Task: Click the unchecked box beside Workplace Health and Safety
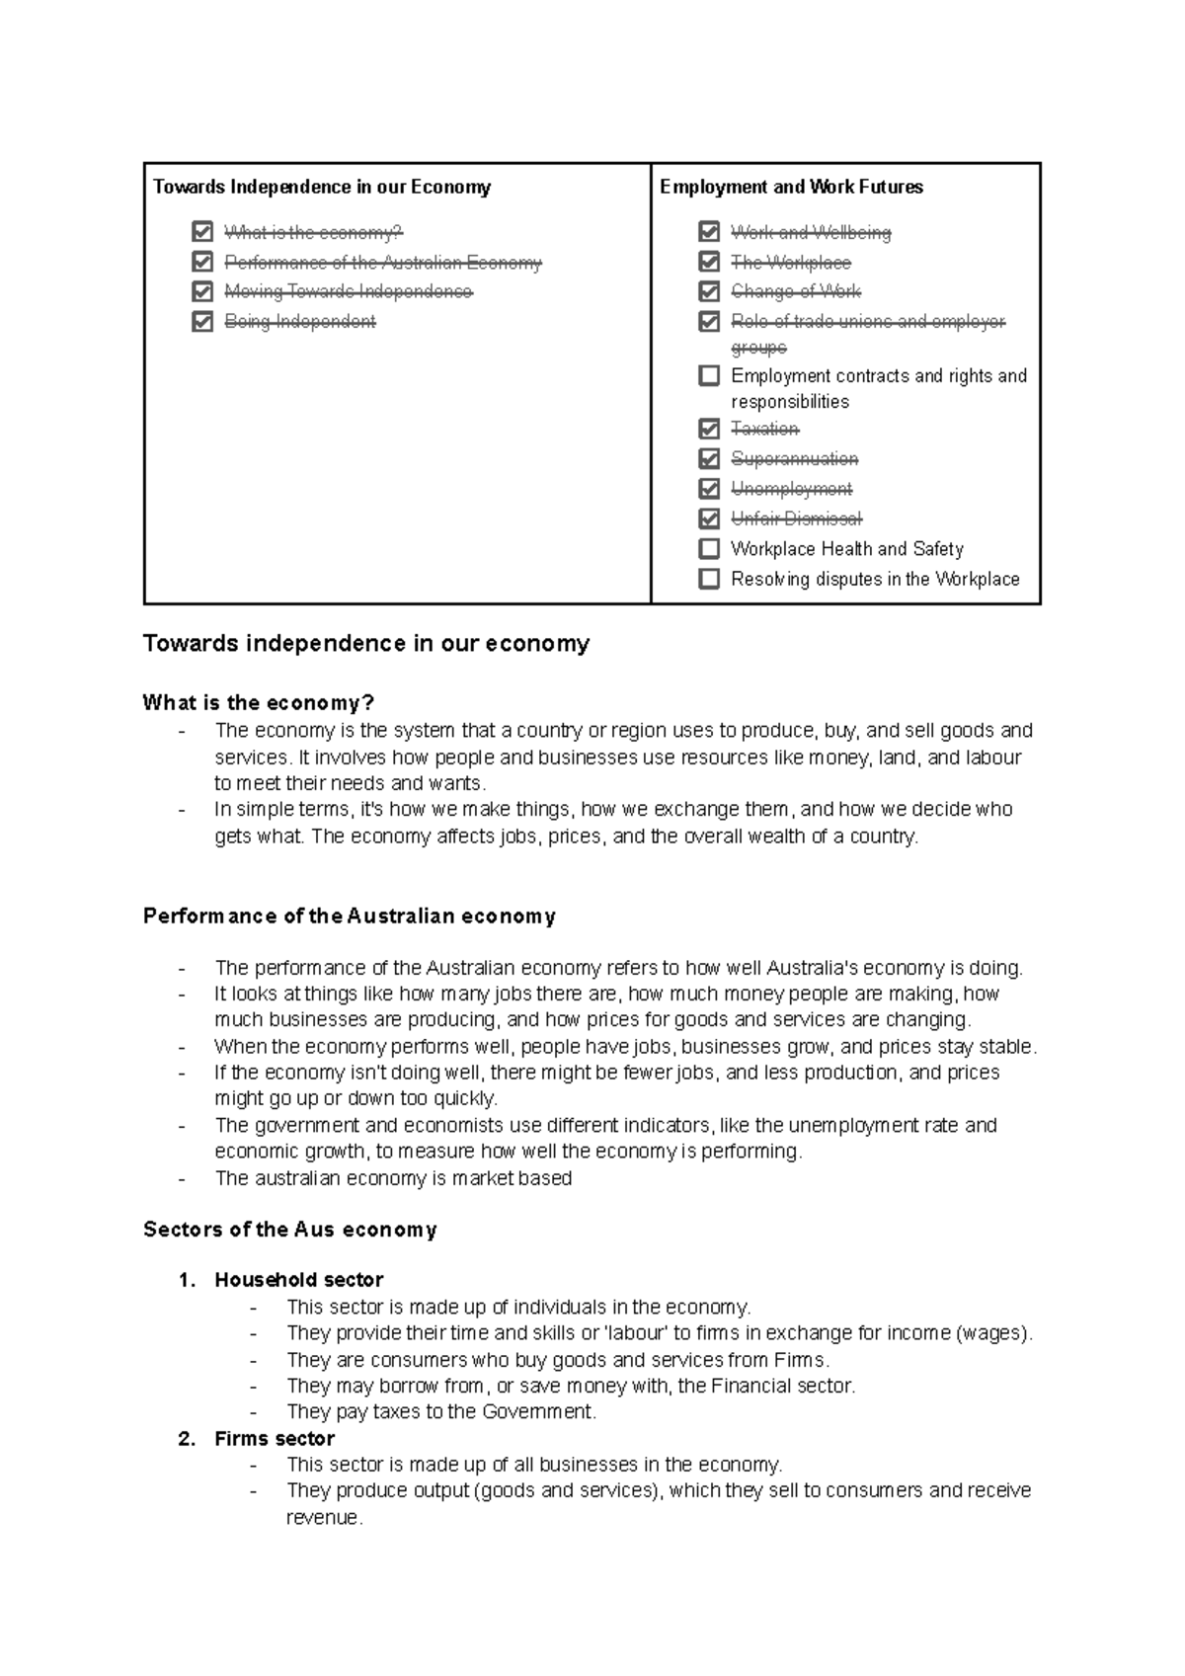point(709,548)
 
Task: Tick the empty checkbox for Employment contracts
point(709,375)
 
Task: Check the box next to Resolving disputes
point(709,579)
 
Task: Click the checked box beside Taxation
point(709,429)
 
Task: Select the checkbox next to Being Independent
point(202,321)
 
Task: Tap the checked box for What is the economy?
point(202,232)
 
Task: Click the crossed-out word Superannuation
point(794,459)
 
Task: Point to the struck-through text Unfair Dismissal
point(796,519)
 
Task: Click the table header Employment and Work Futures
point(791,187)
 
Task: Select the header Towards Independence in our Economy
point(322,187)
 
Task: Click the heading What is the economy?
point(259,703)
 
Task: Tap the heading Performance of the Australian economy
point(350,917)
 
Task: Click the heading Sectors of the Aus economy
point(289,1230)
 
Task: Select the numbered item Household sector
point(298,1280)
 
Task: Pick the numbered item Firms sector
point(275,1439)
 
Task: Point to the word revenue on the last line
point(324,1518)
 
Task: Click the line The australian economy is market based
point(393,1178)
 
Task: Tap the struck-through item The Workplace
point(790,263)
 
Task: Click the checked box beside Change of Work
point(709,291)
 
